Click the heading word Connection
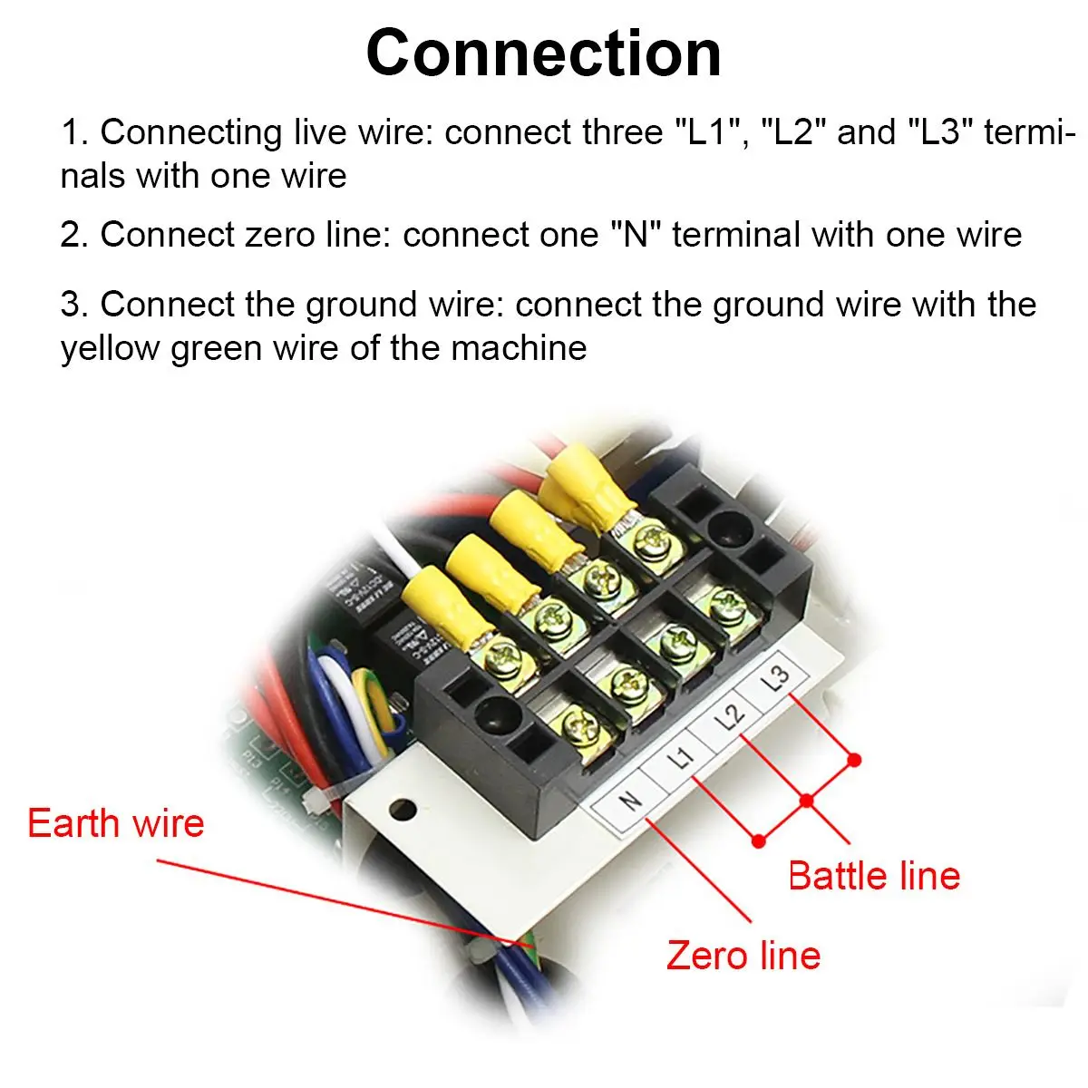[543, 53]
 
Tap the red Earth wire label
[116, 823]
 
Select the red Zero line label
[743, 956]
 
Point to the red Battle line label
[874, 876]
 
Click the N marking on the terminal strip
[627, 801]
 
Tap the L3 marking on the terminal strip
[778, 679]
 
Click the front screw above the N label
[577, 725]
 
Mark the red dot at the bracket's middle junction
[806, 800]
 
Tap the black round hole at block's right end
[725, 524]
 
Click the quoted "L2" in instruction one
[792, 132]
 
